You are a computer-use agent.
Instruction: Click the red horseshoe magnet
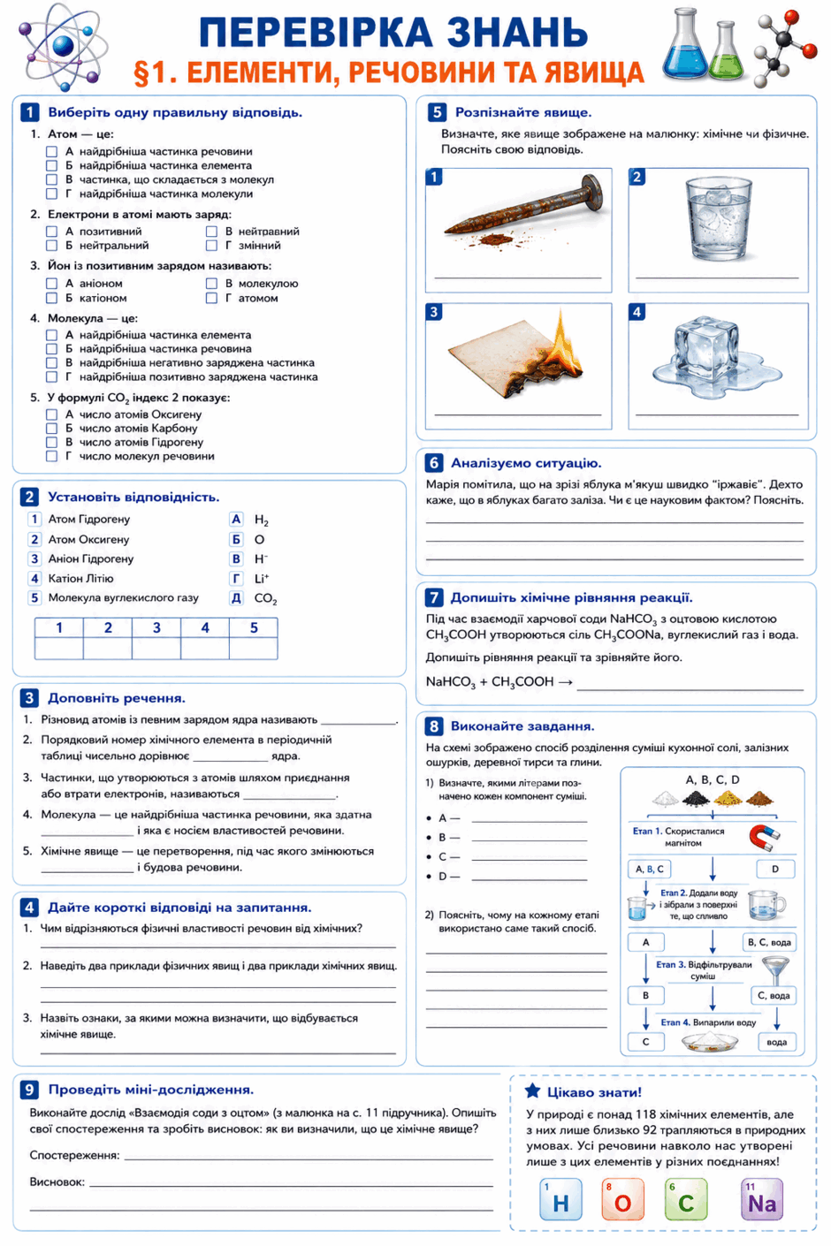click(x=764, y=837)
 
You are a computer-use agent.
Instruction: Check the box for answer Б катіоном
click(x=52, y=298)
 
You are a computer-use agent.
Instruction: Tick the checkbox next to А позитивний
click(x=52, y=232)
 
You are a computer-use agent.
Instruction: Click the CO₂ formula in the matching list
click(x=265, y=598)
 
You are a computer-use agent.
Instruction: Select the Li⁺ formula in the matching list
click(x=262, y=579)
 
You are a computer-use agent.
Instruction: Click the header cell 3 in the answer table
click(x=156, y=628)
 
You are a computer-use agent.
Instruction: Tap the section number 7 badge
click(x=434, y=597)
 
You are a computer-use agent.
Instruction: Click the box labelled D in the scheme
click(x=775, y=869)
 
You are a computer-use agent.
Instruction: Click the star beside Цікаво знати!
click(x=533, y=1090)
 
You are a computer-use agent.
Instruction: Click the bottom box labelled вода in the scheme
click(x=777, y=1042)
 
